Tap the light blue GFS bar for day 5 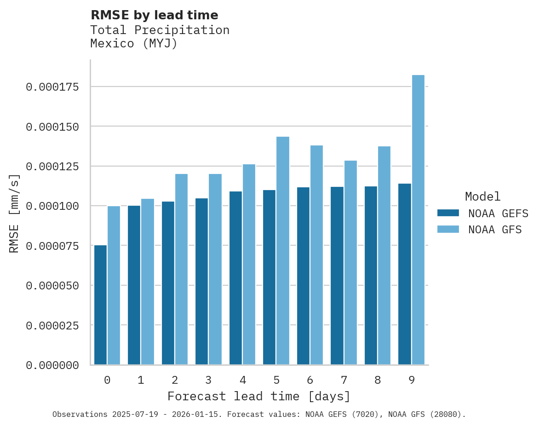[x=283, y=251]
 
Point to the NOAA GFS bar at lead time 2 [x=181, y=269]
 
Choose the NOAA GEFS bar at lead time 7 [x=337, y=276]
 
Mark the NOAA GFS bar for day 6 [x=316, y=255]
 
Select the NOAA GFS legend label [x=495, y=229]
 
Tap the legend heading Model [x=482, y=196]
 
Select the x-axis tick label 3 [x=208, y=380]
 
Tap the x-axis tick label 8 [x=378, y=380]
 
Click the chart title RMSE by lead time [x=154, y=15]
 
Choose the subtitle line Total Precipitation [x=160, y=30]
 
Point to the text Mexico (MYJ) [x=133, y=44]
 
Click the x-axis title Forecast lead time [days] [x=259, y=396]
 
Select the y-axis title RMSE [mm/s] [x=14, y=213]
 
